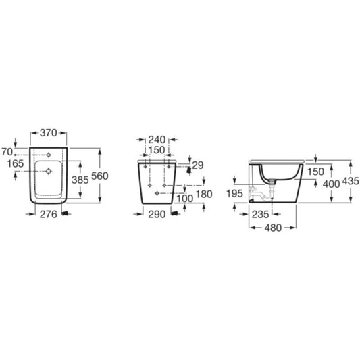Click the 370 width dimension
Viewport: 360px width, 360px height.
coord(48,133)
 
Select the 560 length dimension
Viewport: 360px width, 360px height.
coord(100,176)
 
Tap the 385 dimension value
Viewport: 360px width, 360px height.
coord(80,180)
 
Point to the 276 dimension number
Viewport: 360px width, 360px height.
coord(49,214)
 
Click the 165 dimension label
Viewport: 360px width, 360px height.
coord(16,163)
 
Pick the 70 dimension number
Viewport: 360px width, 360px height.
coord(7,152)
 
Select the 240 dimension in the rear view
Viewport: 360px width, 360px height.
coord(157,140)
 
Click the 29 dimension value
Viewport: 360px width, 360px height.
coord(198,165)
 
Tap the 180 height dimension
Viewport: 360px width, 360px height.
coord(204,195)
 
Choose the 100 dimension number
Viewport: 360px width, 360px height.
coord(185,199)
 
